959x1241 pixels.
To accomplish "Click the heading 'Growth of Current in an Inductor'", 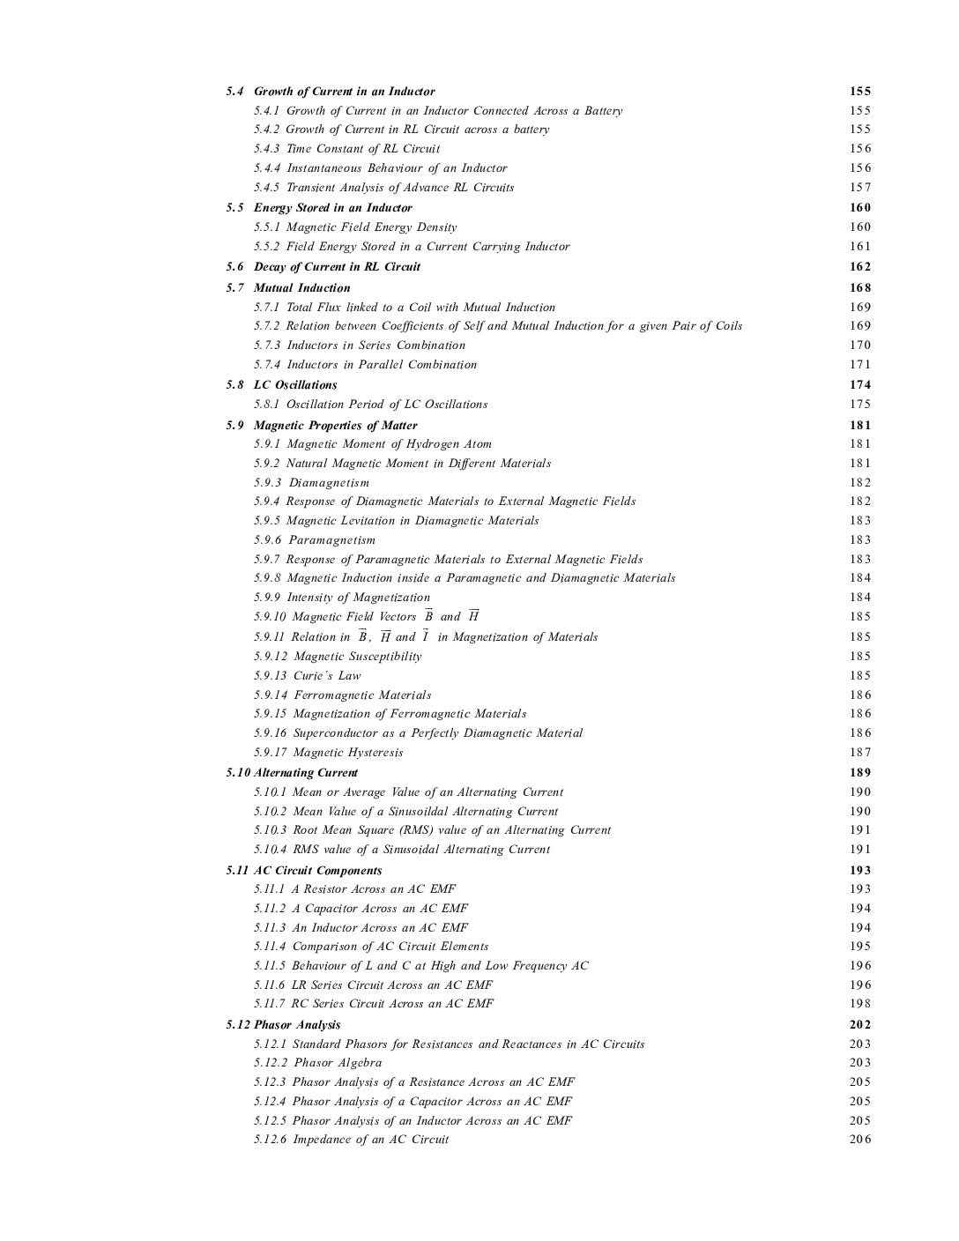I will click(344, 92).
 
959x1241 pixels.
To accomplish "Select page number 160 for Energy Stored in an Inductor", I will click(859, 208).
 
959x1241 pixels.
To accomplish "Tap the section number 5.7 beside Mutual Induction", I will click(234, 288).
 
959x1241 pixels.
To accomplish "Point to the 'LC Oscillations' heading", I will click(295, 385).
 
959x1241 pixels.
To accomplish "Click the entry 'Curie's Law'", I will click(327, 676).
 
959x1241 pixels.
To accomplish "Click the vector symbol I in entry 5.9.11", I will click(426, 636).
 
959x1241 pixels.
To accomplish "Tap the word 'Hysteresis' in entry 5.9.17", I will click(375, 753).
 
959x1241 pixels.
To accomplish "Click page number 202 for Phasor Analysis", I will click(859, 1025).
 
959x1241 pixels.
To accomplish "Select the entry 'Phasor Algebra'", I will click(338, 1063).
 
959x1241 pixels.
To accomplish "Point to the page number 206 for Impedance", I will click(859, 1140).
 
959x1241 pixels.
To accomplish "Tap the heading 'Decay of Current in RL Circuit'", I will click(337, 267).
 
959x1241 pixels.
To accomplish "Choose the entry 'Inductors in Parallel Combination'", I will click(382, 365).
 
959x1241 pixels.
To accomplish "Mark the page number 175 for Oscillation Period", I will click(859, 405).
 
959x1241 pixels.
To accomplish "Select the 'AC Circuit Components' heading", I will click(317, 871).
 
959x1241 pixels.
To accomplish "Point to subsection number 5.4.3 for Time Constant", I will click(267, 149).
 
